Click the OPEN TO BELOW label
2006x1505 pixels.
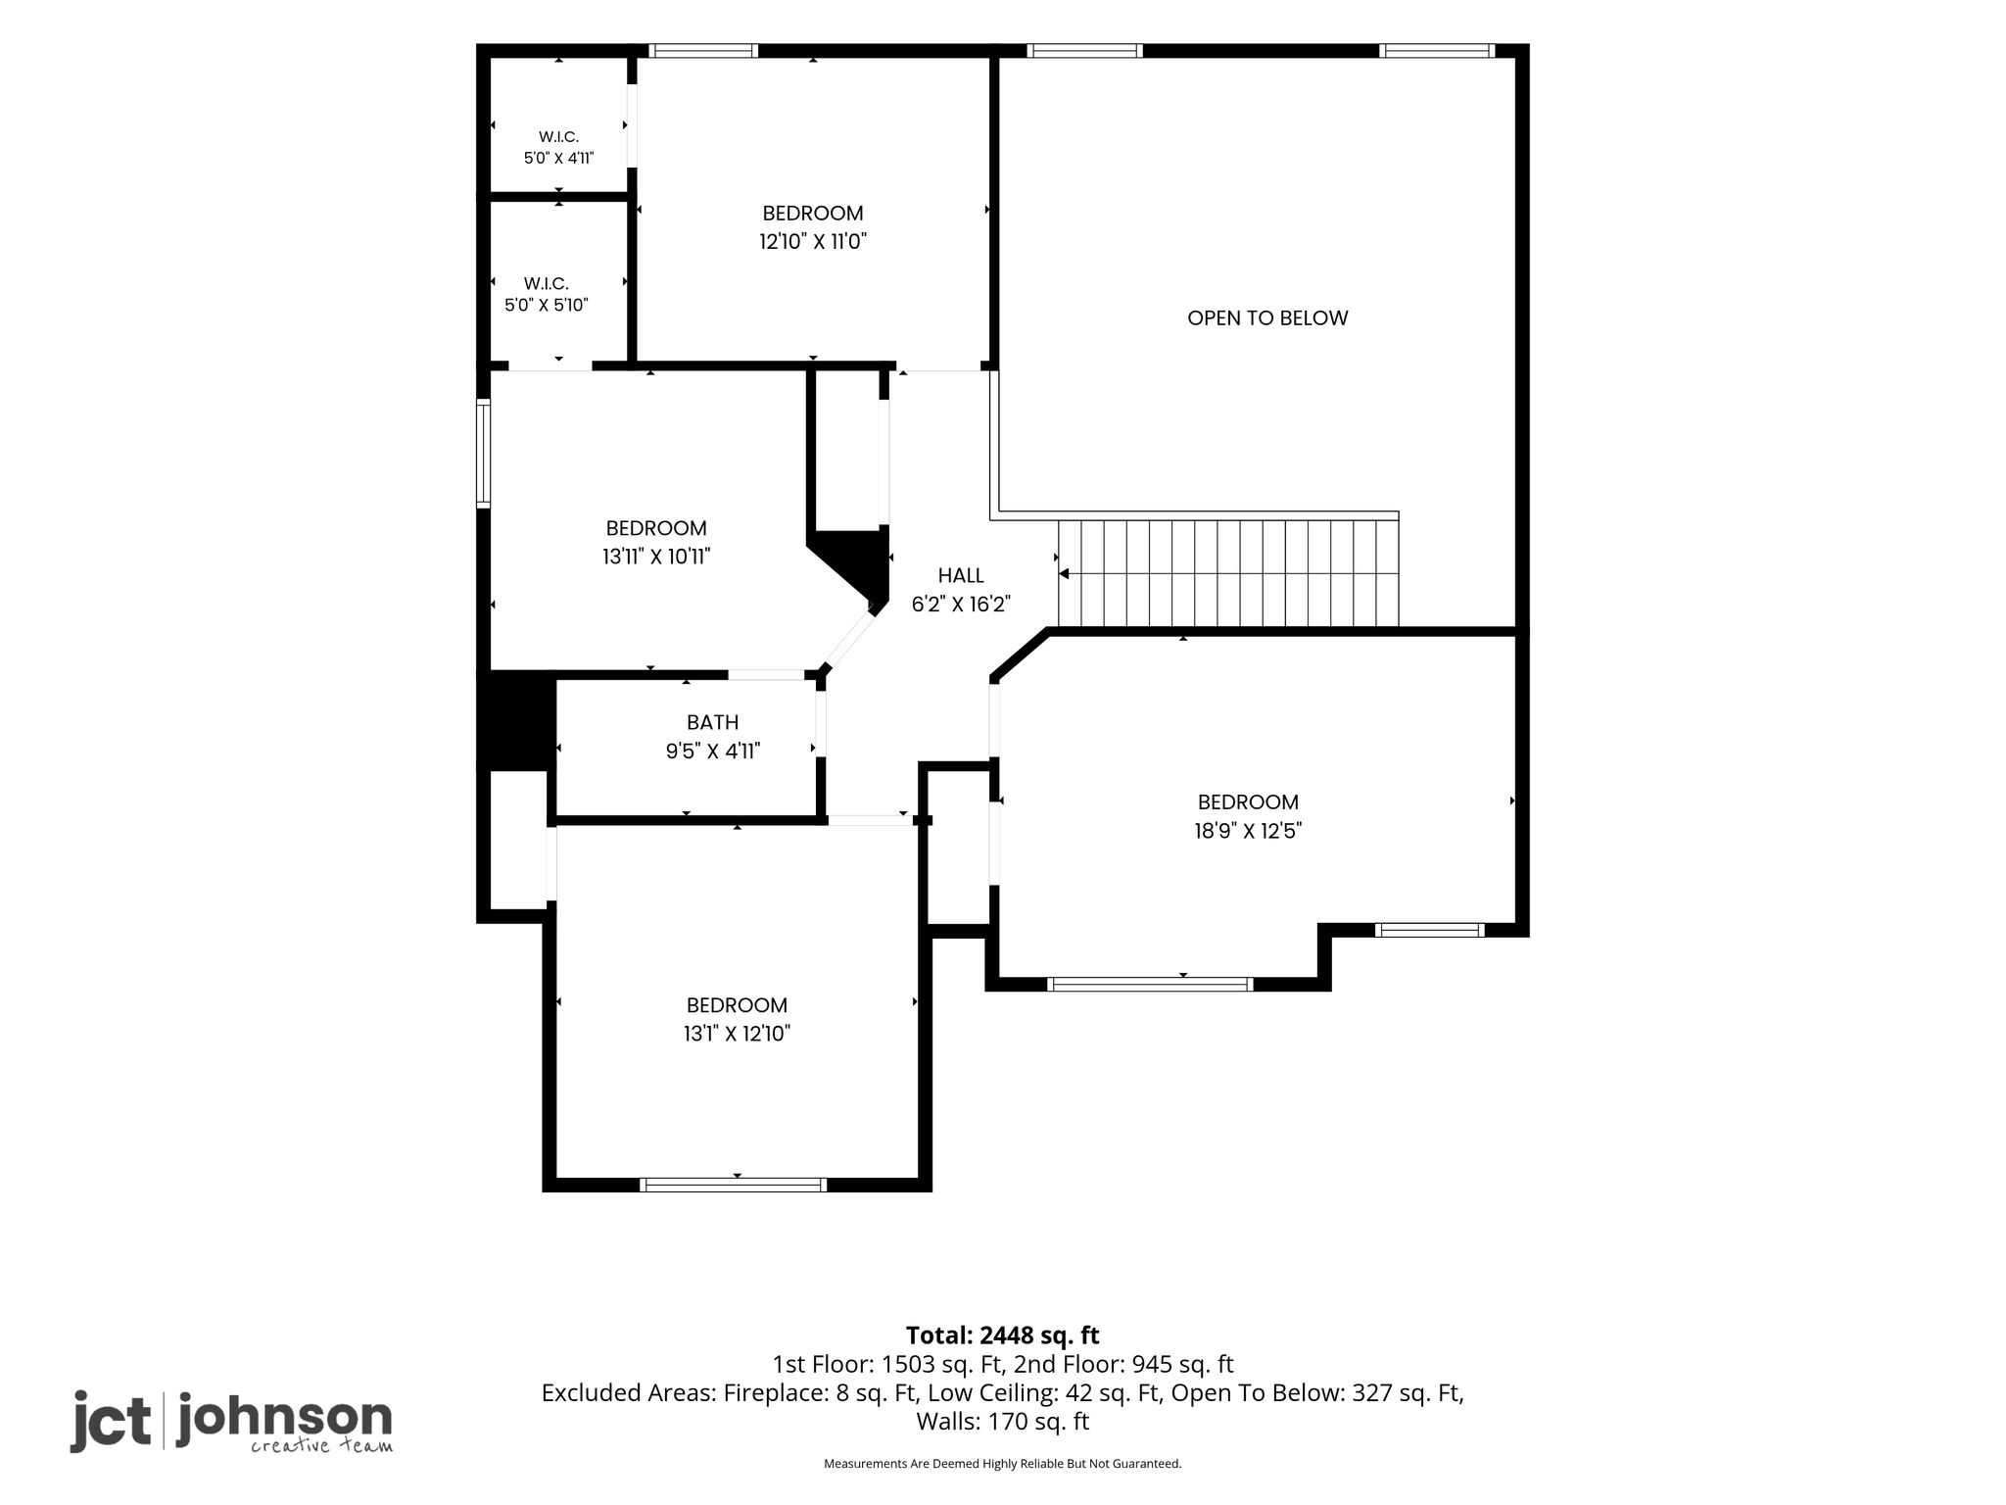pyautogui.click(x=1267, y=317)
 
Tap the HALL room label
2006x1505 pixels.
pyautogui.click(x=961, y=575)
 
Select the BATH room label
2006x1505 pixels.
pyautogui.click(x=713, y=722)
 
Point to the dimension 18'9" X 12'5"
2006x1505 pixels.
pyautogui.click(x=1248, y=831)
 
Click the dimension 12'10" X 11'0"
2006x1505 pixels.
pyautogui.click(x=813, y=241)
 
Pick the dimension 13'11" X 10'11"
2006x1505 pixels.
pyautogui.click(x=656, y=557)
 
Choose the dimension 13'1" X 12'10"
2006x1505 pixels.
pyautogui.click(x=738, y=1033)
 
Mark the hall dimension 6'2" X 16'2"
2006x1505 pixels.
pyautogui.click(x=961, y=604)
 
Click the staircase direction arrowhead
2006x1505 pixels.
pyautogui.click(x=1064, y=573)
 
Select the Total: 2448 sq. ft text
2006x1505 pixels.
pyautogui.click(x=1003, y=1335)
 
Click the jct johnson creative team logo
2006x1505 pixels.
pyautogui.click(x=231, y=1421)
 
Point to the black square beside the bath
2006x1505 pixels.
pyautogui.click(x=517, y=720)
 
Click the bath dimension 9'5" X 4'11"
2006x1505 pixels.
pyautogui.click(x=713, y=752)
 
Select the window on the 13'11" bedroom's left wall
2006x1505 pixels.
pyautogui.click(x=483, y=453)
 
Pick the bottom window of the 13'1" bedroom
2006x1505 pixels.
pyautogui.click(x=733, y=1185)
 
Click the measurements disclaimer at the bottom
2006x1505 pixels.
pyautogui.click(x=1003, y=1464)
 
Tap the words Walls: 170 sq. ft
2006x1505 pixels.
pyautogui.click(x=1003, y=1421)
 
